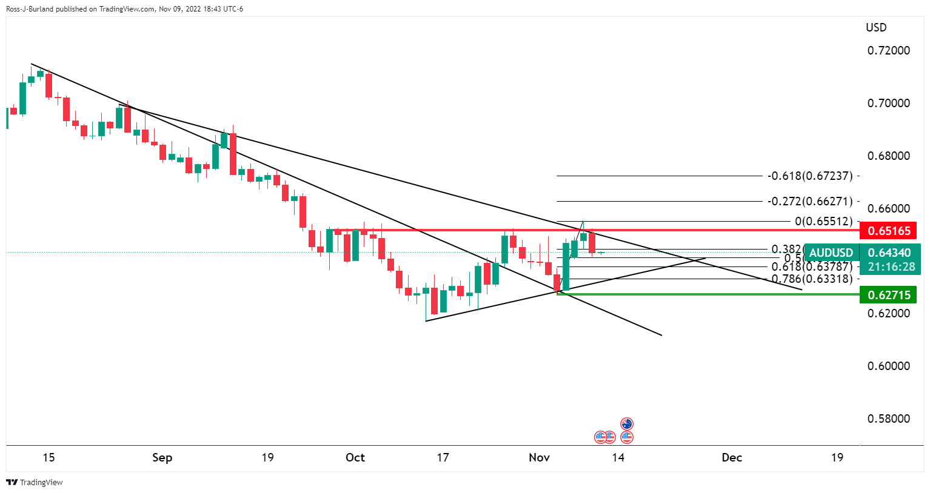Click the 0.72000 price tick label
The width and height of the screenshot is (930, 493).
888,50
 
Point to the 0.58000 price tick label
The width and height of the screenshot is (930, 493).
888,419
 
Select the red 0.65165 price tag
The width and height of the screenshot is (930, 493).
889,231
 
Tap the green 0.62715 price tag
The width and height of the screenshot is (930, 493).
889,295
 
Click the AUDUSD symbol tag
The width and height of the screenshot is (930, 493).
831,253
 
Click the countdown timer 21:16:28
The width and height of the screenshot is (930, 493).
891,267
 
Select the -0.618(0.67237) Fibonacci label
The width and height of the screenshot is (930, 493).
810,176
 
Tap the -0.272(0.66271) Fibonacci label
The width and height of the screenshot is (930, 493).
810,201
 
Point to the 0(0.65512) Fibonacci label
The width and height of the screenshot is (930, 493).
823,222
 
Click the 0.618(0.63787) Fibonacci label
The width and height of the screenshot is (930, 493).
812,266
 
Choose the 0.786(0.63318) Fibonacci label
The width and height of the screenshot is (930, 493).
812,279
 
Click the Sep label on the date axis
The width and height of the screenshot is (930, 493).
162,458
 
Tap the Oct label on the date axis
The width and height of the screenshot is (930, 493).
355,458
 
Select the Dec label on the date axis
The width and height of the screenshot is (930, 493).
732,458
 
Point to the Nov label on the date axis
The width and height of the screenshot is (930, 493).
539,458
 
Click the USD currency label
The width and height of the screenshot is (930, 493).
876,28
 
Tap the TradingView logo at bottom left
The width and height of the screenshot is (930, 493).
35,483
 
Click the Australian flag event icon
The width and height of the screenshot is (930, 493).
627,424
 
